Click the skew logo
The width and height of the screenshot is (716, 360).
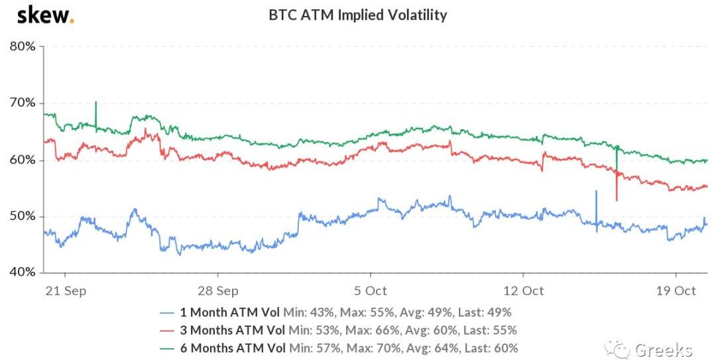[44, 15]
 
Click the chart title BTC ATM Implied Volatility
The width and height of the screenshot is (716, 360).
[357, 15]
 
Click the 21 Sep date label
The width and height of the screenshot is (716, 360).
[65, 291]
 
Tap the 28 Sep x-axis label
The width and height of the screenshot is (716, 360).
[217, 291]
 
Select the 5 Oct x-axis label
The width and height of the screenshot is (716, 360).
[370, 291]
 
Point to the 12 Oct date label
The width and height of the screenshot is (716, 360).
[523, 291]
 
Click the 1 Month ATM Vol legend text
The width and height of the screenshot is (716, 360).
[230, 312]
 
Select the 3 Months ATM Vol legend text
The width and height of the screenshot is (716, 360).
[233, 330]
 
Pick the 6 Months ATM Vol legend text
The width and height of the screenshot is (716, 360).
[233, 347]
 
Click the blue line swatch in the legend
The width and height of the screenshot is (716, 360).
[168, 312]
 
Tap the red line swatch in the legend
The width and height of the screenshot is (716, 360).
[168, 330]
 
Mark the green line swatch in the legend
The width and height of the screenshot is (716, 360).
[168, 347]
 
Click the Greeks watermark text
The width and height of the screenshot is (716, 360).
[663, 349]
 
